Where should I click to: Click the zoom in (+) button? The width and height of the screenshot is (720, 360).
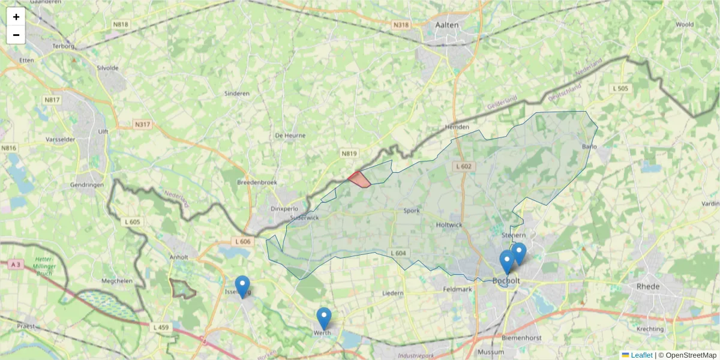point(16,17)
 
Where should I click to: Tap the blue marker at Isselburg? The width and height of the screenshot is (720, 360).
point(242,286)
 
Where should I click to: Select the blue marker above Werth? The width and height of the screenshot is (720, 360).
point(324,317)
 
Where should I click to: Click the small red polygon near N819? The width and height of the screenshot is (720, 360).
point(359,179)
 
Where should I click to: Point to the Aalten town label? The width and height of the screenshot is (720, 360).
point(447,25)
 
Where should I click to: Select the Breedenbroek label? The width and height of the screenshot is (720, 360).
point(257,182)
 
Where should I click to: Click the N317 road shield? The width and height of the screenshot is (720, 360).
point(143,125)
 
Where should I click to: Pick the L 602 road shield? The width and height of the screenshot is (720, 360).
point(464,166)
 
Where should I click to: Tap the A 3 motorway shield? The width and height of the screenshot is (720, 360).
point(16,264)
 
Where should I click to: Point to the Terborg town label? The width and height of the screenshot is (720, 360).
point(64,46)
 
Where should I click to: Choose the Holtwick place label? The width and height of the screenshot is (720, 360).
point(449,225)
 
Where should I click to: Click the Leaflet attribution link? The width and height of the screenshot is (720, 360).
point(641,355)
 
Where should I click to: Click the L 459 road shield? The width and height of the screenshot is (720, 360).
point(161,327)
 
